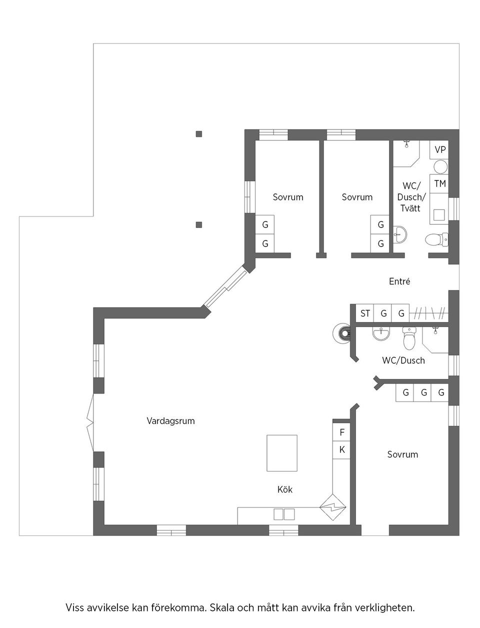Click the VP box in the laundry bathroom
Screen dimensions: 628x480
point(440,149)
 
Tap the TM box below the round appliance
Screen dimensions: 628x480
point(440,183)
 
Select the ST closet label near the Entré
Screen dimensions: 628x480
point(365,313)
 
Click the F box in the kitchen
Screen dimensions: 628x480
point(342,432)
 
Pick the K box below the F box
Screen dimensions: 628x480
point(342,449)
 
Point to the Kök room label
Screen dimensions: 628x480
point(284,489)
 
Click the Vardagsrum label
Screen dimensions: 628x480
point(170,421)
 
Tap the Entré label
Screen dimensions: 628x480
point(399,281)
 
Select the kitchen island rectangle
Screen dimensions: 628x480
point(282,453)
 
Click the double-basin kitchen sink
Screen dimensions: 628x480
point(283,514)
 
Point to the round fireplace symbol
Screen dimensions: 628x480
point(342,332)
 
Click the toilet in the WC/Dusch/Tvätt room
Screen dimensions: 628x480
point(435,240)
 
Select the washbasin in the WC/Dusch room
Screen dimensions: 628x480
point(381,333)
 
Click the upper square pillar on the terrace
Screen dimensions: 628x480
point(199,133)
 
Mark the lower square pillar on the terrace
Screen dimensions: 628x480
point(199,224)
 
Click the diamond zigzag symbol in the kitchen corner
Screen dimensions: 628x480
point(333,508)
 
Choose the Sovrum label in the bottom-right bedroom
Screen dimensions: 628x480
point(402,454)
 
